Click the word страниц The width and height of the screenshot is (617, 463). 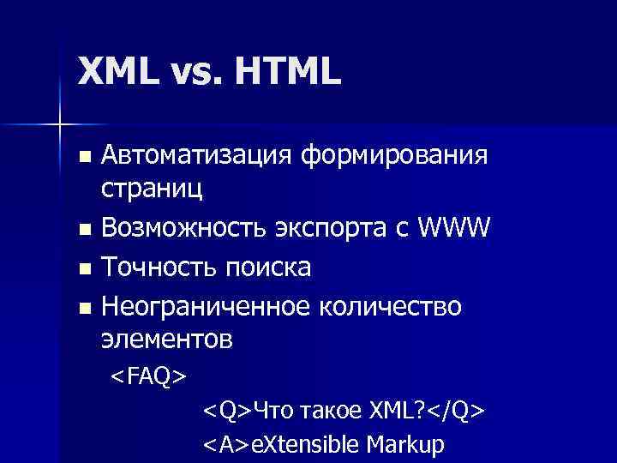153,189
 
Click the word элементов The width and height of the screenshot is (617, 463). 166,340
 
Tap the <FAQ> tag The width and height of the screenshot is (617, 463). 148,376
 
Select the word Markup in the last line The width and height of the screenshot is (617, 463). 405,446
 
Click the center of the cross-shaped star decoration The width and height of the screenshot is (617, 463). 59,125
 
